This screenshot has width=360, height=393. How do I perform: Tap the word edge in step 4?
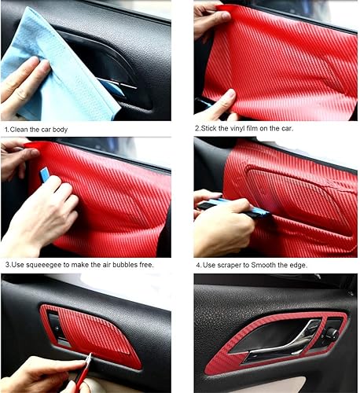coord(303,264)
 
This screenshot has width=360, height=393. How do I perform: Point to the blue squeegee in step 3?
coord(45,180)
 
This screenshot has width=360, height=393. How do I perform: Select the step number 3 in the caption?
coord(5,264)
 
